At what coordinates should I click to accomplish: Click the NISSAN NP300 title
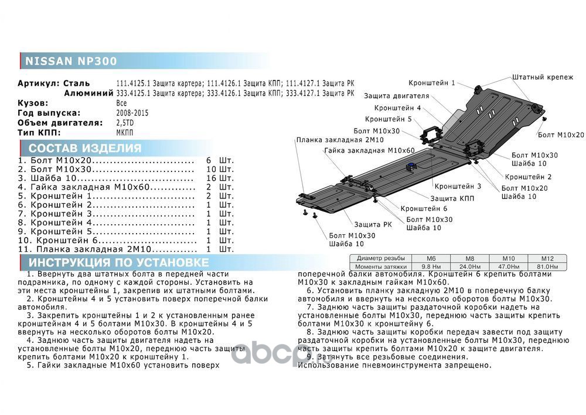(x=70, y=61)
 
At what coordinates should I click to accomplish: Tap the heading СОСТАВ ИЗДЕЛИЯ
(x=85, y=148)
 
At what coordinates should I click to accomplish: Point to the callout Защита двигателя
(x=396, y=96)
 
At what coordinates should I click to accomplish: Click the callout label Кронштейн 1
(x=432, y=83)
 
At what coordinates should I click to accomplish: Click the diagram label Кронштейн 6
(x=424, y=208)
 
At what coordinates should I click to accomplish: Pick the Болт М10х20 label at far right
(x=561, y=135)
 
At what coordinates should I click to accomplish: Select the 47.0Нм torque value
(x=507, y=266)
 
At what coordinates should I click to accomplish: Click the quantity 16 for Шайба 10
(x=212, y=178)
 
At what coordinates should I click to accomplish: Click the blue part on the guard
(x=412, y=166)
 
